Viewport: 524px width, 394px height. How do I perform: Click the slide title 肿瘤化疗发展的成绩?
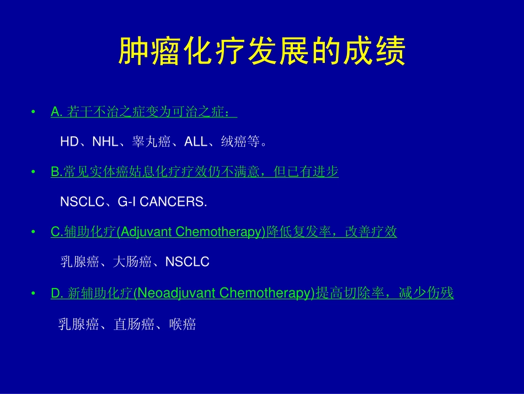(262, 52)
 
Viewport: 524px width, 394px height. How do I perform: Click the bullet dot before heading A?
(34, 113)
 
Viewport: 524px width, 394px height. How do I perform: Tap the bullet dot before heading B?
(34, 173)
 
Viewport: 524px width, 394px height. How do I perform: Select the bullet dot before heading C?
(34, 233)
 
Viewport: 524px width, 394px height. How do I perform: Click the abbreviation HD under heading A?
(69, 142)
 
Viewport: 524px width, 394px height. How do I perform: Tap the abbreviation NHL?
(105, 142)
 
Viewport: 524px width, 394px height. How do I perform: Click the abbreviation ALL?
(195, 142)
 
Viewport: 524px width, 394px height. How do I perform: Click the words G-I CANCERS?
(162, 202)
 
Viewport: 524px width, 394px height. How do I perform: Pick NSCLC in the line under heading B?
(82, 202)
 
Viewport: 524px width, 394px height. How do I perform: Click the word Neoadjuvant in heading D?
(177, 293)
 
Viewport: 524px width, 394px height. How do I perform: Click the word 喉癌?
(183, 324)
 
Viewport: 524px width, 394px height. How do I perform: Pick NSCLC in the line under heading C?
(188, 262)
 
